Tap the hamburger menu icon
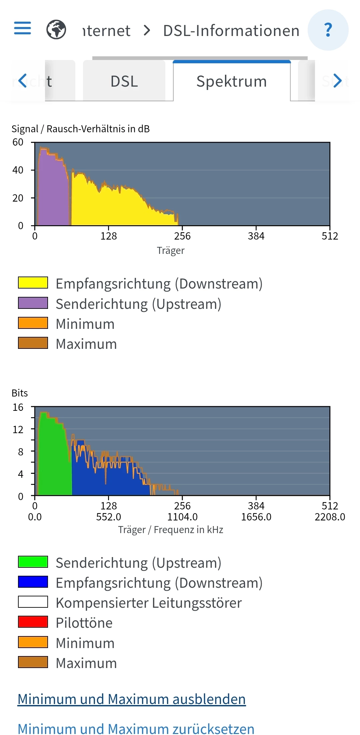click(x=22, y=28)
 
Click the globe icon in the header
click(x=56, y=30)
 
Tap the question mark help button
click(x=328, y=30)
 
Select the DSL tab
click(x=124, y=81)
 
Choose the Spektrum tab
click(x=231, y=81)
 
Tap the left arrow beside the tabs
click(x=22, y=81)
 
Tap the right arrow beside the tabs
click(x=337, y=81)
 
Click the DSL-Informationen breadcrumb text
click(x=231, y=31)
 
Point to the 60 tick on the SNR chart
click(x=18, y=142)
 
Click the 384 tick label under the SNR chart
click(x=256, y=236)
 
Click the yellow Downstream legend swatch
click(x=33, y=283)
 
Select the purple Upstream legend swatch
click(x=33, y=303)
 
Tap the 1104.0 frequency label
click(x=182, y=517)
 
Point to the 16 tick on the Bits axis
click(x=18, y=407)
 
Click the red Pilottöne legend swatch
click(x=33, y=622)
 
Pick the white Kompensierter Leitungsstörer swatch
click(x=33, y=602)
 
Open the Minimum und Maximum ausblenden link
click(x=132, y=699)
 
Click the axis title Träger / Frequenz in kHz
click(x=170, y=530)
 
